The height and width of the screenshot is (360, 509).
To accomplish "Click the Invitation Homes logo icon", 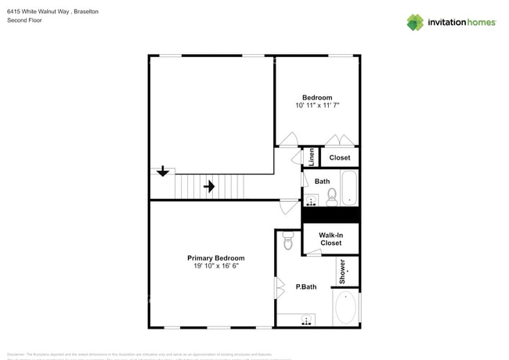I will pos(415,22).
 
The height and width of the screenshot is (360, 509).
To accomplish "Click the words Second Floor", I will pos(25,20).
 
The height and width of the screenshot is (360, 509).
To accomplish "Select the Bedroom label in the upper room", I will pos(317,97).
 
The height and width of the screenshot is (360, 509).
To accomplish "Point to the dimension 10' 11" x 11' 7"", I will pos(317,105).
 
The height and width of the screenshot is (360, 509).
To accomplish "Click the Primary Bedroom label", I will pos(215,257).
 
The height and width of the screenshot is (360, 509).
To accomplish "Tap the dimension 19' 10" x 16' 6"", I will pos(215,266).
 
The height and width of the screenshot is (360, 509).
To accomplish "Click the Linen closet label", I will pos(311,157).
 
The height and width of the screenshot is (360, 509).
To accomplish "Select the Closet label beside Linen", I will pos(339,157).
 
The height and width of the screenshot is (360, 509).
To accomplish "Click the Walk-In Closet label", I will pos(330,239).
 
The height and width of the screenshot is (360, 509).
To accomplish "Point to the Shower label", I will pos(342,272).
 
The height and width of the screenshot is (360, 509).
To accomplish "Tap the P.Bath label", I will pos(305,287).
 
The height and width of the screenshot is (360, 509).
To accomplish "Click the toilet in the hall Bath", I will pos(330,196).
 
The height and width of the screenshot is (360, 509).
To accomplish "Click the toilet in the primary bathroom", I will pos(287,243).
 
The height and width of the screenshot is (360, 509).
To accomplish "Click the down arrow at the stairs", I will pos(162,171).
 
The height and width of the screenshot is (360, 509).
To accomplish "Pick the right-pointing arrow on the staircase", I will pos(209,186).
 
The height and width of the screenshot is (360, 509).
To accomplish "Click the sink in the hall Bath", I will pos(311,200).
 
